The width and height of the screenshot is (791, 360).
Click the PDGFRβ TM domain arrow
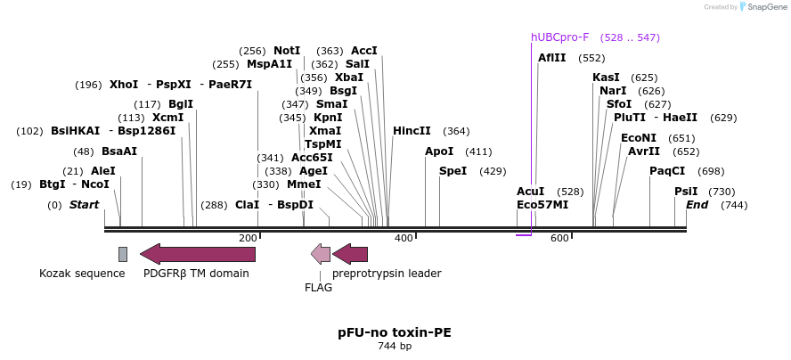point(198,254)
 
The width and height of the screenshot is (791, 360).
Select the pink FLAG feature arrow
point(321,254)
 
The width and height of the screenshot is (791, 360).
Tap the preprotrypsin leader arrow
point(350,254)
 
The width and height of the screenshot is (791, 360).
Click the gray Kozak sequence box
point(123,254)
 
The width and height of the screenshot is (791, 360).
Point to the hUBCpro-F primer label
point(559,37)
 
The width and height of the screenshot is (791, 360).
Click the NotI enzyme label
point(287,51)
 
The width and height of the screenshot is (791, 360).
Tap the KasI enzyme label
point(606,78)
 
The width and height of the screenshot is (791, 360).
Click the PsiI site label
point(686,192)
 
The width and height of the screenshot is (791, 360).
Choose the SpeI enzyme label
point(453,171)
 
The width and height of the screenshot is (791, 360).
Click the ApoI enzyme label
point(439,151)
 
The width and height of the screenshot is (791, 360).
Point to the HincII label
point(412,131)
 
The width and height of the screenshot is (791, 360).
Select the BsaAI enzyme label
point(119,151)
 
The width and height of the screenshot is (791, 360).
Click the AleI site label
point(102,171)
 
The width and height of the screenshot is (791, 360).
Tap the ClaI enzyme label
point(247,204)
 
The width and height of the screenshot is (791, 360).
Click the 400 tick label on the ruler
point(404,238)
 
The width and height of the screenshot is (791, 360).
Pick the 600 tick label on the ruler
point(559,238)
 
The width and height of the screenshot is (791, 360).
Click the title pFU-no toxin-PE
point(395,332)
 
